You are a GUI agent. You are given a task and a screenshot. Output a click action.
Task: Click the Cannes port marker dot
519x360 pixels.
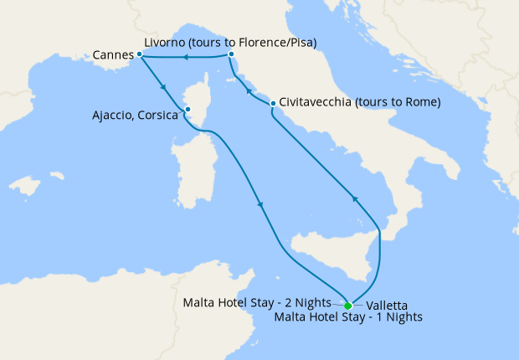[140, 54]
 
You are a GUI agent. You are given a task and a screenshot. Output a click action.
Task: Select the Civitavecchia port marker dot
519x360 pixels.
[273, 103]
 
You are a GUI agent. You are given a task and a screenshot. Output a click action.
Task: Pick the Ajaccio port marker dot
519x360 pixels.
[188, 108]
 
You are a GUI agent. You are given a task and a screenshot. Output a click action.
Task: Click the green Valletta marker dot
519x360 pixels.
[348, 306]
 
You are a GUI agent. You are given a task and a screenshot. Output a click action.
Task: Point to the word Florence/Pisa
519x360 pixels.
[276, 41]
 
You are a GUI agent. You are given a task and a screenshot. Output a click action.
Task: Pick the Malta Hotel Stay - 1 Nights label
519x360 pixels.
[348, 317]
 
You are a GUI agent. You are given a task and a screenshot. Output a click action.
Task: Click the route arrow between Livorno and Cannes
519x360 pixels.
[185, 56]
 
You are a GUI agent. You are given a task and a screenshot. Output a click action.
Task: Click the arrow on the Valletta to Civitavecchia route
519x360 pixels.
[354, 198]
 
